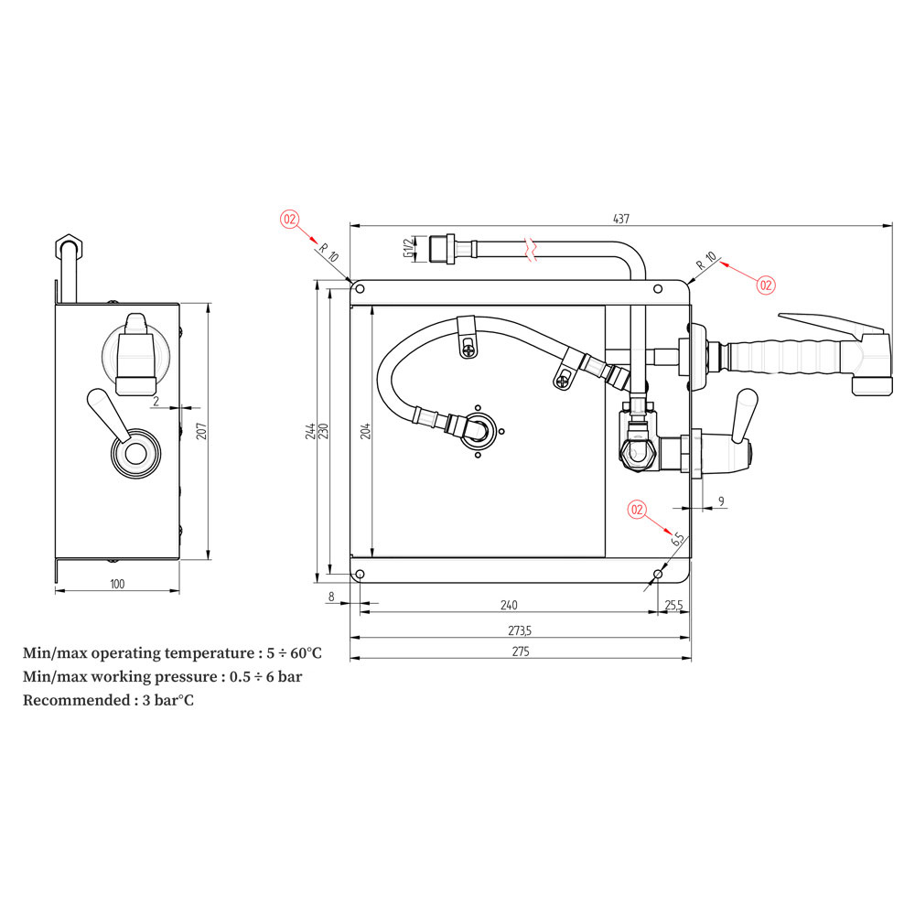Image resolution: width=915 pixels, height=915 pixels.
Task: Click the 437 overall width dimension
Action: pos(621,219)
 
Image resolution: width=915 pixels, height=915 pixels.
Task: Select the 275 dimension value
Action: pos(521,651)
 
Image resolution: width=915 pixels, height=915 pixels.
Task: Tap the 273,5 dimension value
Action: pos(521,631)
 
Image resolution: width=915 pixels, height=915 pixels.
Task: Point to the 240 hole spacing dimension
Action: pos(509,605)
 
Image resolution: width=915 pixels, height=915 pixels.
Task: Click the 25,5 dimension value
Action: pos(673,605)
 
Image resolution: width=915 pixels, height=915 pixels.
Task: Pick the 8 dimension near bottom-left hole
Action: pos(331,597)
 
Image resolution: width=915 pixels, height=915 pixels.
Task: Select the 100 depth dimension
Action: pos(117,584)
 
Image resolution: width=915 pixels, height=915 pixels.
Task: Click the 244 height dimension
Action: pos(311,430)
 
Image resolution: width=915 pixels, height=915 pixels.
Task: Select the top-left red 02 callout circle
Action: pos(290,219)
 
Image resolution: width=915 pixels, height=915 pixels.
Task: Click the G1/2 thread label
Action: pos(406,248)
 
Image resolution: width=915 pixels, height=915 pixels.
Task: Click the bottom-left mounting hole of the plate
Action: pos(360,574)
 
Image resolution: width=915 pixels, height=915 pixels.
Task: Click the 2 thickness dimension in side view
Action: pos(156,401)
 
